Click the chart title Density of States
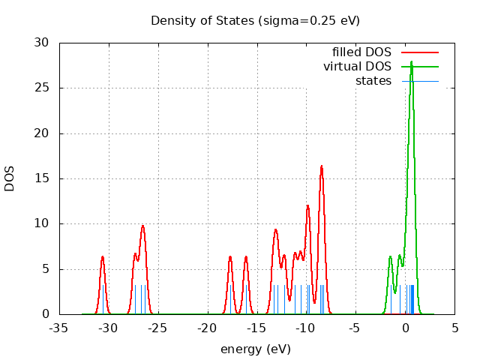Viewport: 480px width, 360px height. [255, 20]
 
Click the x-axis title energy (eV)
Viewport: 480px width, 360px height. [255, 349]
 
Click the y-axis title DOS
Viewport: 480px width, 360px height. [10, 178]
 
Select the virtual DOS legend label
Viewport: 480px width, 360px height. [357, 66]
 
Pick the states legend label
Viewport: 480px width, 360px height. [373, 80]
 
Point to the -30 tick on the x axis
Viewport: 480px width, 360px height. [108, 328]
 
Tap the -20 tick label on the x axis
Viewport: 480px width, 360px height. [207, 328]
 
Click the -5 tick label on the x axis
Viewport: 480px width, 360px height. [355, 328]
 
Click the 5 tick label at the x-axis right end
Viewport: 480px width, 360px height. [454, 328]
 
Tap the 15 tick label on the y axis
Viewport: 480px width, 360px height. [43, 178]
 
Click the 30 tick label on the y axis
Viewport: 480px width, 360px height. [43, 43]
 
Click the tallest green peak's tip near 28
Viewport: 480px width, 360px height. [411, 61]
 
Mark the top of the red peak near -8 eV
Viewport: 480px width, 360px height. [322, 166]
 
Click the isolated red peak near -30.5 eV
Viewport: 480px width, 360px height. [103, 256]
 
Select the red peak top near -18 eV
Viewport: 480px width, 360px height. [230, 256]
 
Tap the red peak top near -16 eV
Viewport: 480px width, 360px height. [245, 256]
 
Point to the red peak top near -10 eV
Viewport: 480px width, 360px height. [307, 205]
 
